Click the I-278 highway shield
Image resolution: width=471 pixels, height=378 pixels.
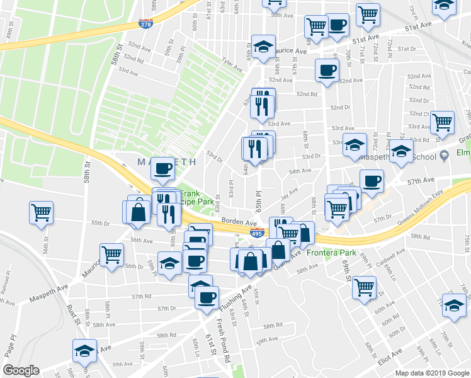coord(145,23)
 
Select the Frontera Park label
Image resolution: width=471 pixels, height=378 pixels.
coord(332,253)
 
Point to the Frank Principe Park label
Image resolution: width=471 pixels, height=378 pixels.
coord(196,197)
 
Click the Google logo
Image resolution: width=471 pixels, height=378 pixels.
coord(21,370)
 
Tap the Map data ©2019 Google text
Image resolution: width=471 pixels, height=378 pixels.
coord(433,372)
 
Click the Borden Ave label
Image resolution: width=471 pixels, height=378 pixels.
coord(239,222)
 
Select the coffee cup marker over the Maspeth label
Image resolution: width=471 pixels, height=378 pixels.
coord(163,168)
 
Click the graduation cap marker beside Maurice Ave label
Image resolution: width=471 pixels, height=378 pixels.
coord(264,46)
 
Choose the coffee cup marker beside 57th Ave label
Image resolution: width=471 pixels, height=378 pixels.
coord(372,181)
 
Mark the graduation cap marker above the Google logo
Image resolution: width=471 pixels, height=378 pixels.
coord(84,350)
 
